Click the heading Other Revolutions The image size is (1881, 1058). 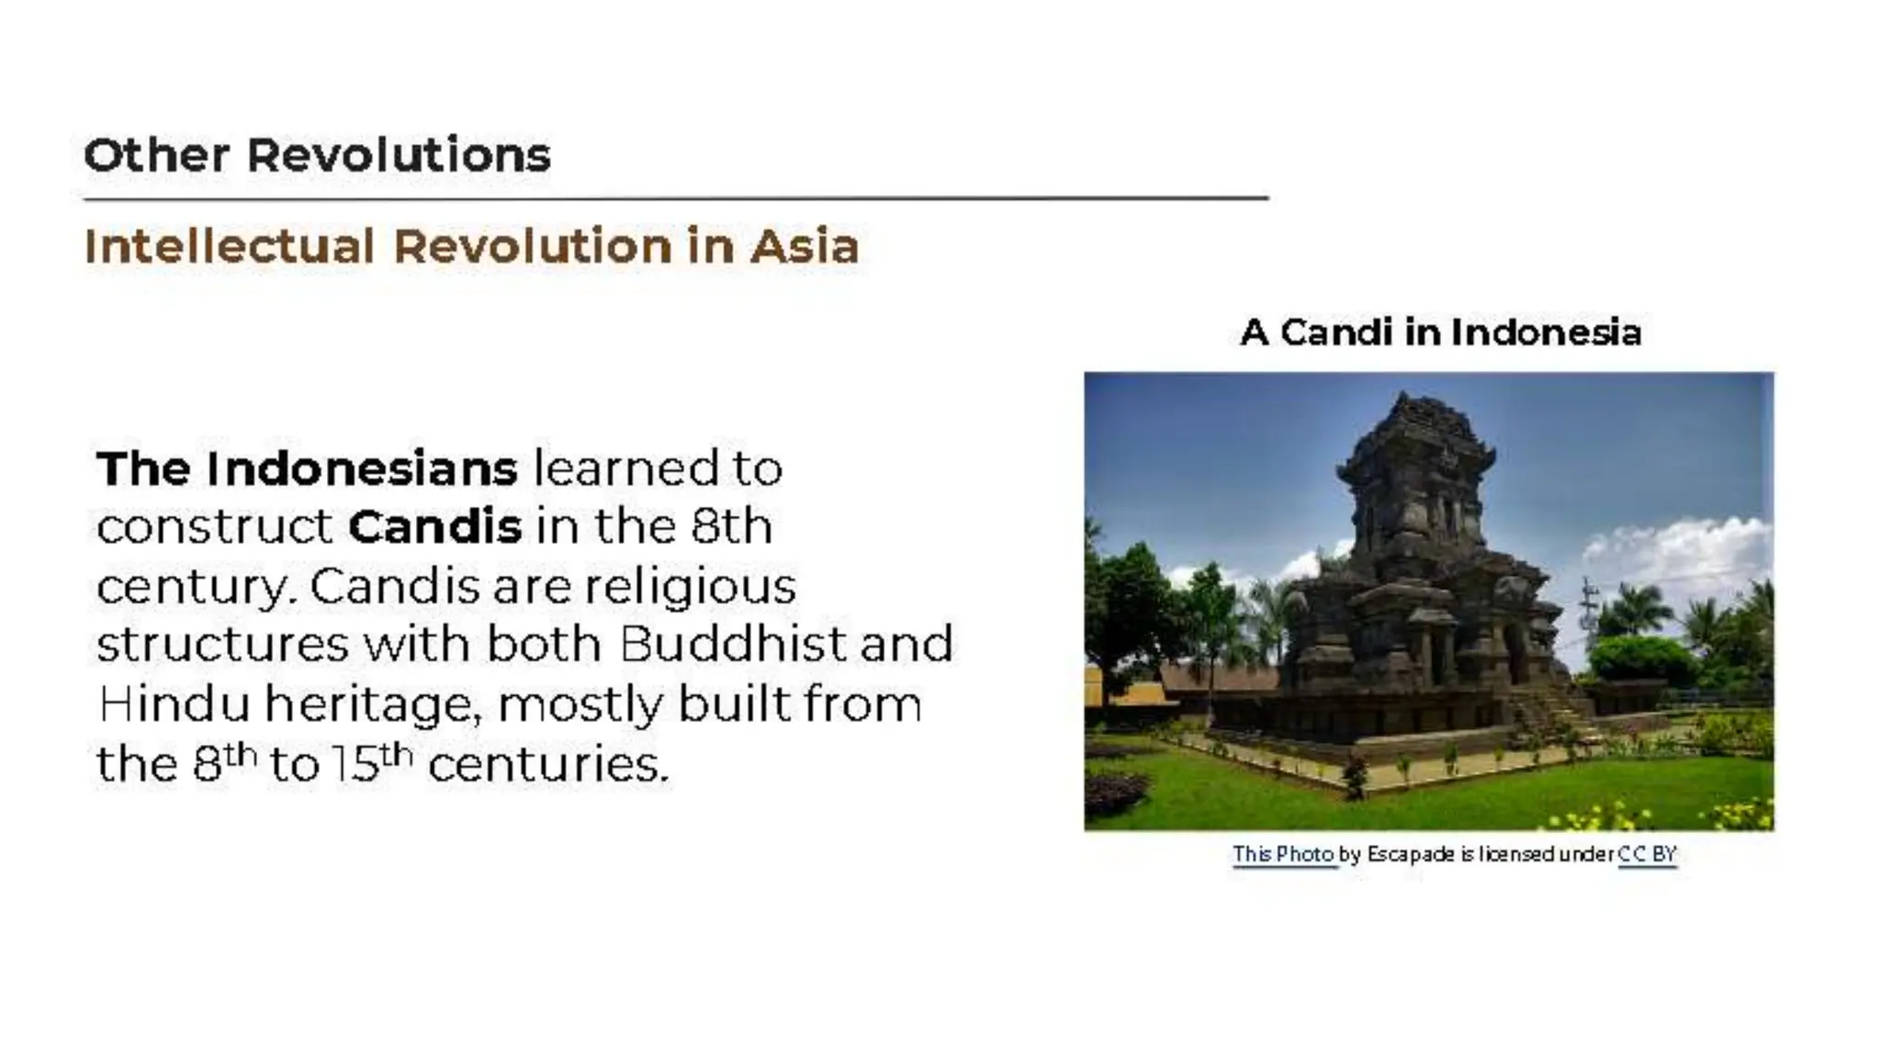(317, 154)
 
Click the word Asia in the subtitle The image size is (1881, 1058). (805, 246)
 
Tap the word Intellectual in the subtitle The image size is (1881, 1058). (230, 246)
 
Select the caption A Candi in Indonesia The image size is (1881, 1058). (1439, 332)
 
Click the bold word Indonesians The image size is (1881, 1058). (361, 468)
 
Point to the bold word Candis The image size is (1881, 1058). (434, 527)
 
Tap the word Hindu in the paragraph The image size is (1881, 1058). (174, 704)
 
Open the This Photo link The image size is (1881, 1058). (1282, 854)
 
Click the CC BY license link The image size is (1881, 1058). (1647, 854)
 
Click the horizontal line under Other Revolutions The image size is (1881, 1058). (675, 197)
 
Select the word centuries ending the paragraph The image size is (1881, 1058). (548, 764)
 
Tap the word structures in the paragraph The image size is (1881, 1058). (223, 644)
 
